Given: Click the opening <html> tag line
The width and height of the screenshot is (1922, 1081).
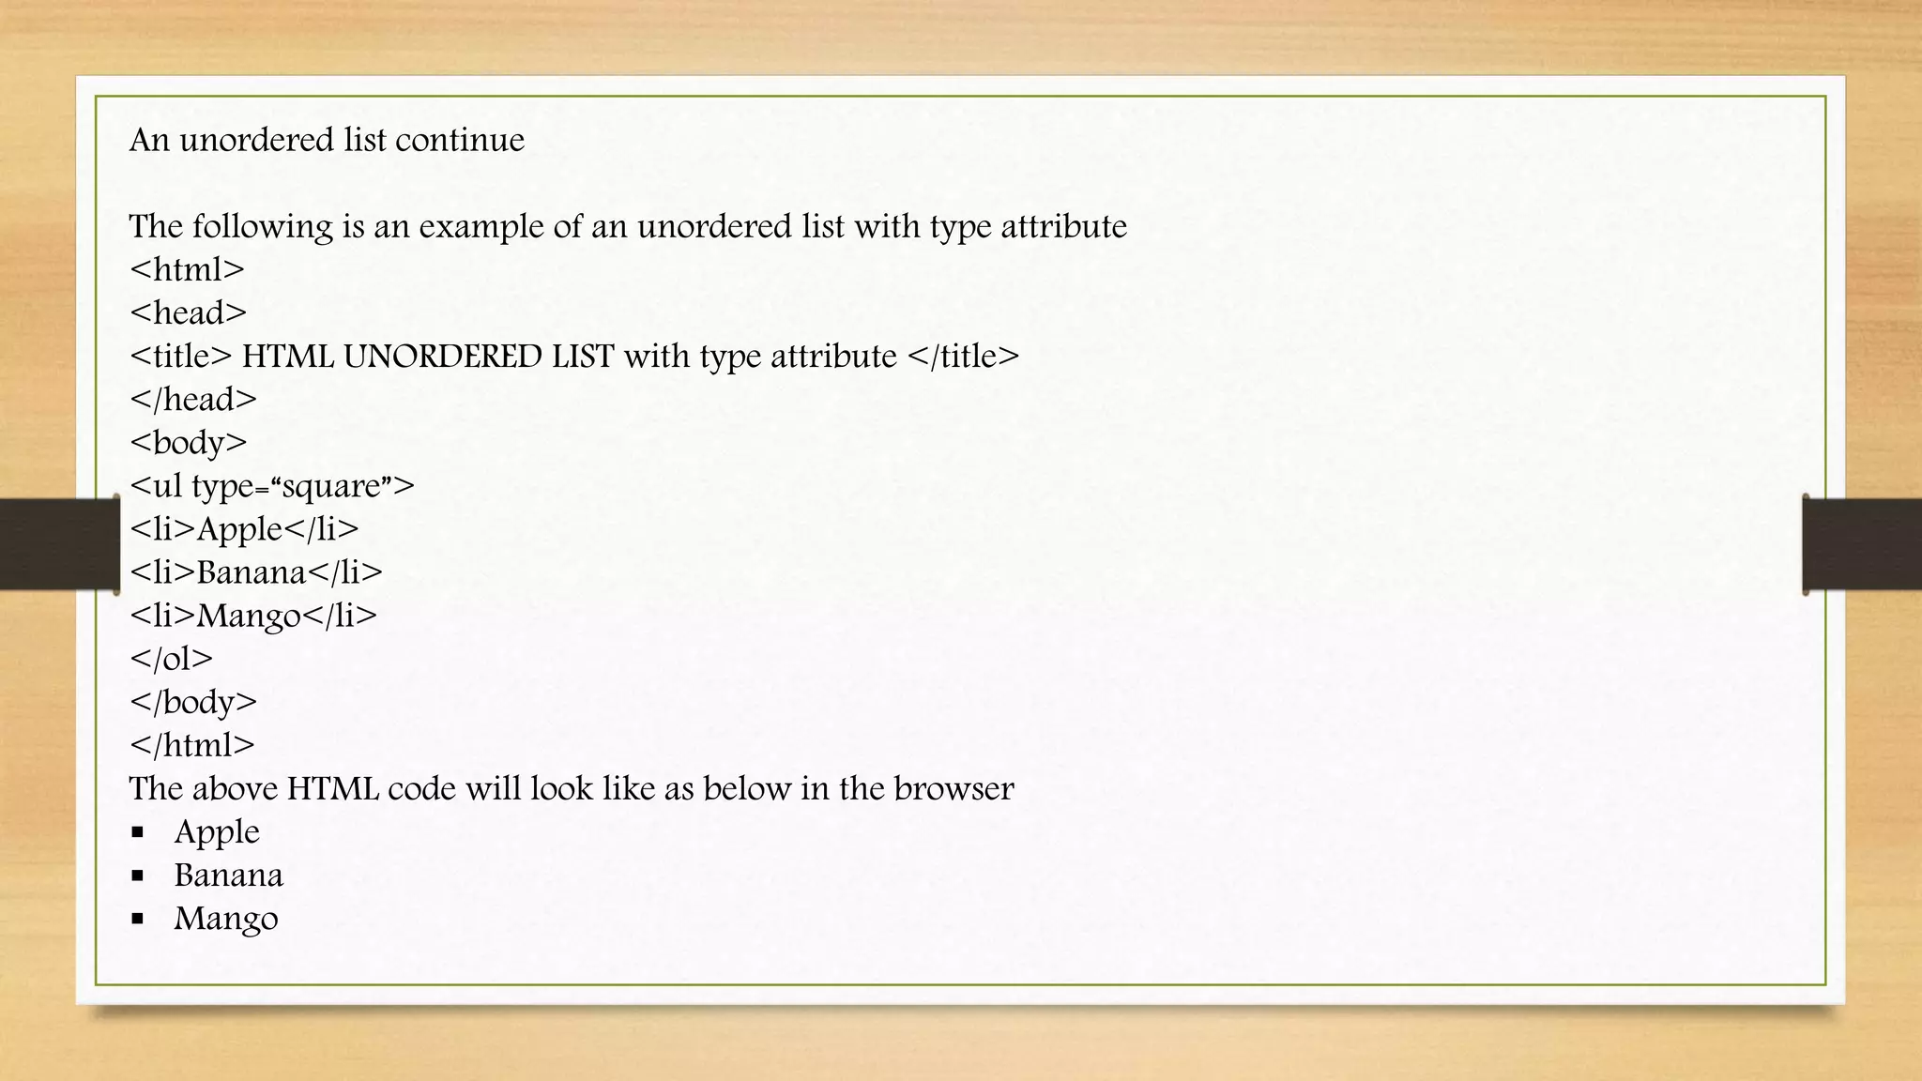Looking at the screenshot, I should [x=187, y=270].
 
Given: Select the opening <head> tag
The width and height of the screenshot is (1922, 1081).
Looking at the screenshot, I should [x=188, y=313].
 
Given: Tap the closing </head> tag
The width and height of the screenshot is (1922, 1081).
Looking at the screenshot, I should [x=193, y=400].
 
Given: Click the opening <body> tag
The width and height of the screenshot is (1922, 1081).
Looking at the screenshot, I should [x=189, y=443].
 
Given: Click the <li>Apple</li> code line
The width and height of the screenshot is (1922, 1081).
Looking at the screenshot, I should [x=244, y=529].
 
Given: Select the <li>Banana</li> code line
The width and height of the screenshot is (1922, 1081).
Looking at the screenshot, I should [x=256, y=572].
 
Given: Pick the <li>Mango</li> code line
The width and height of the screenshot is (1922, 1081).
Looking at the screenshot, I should [x=253, y=616].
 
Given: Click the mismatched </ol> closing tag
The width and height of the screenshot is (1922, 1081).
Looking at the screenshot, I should [x=172, y=659].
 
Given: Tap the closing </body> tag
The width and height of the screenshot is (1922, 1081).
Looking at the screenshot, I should [x=193, y=702].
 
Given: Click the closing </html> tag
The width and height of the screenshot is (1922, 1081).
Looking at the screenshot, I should [x=192, y=745].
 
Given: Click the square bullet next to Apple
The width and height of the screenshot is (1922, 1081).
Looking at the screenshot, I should [x=138, y=832].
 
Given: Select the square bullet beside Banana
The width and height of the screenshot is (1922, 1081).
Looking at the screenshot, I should [x=138, y=875].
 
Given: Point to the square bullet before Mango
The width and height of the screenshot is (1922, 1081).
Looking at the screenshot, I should [x=138, y=919].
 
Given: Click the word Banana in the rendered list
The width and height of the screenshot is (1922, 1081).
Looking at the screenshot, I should [x=228, y=875].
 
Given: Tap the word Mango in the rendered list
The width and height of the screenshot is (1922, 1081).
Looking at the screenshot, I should [x=226, y=919].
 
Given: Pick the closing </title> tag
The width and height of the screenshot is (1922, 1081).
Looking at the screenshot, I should [x=963, y=357].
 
